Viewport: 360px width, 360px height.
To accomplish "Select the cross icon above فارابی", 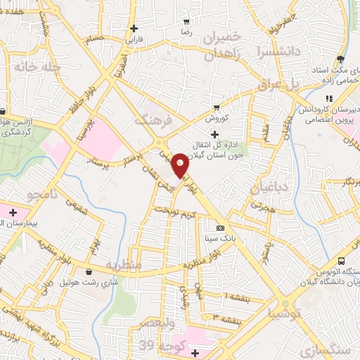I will click(x=134, y=29).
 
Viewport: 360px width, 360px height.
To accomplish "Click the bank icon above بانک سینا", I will click(x=221, y=228).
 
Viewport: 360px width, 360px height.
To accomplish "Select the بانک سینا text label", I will click(x=219, y=239).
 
